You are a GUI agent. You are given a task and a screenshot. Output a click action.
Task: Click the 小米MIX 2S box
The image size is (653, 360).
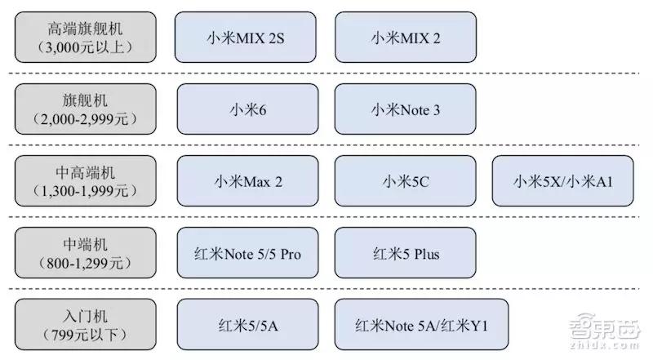[x=246, y=37]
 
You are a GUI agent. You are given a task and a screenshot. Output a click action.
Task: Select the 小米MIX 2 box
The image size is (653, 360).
[x=406, y=37]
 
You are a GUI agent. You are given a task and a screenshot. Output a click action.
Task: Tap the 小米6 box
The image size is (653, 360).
[x=248, y=109]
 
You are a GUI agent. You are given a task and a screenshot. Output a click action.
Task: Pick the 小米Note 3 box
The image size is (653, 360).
[x=405, y=109]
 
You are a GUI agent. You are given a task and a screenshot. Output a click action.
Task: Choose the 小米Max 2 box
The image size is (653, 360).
[x=248, y=181]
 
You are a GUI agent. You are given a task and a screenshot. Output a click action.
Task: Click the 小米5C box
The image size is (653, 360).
[x=405, y=181]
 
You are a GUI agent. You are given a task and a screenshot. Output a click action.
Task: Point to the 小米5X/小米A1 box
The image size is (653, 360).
[x=562, y=181]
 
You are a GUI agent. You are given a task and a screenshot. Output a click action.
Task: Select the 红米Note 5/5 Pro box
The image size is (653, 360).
[x=248, y=252]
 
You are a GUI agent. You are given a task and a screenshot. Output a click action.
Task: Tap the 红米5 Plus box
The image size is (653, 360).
[x=405, y=252]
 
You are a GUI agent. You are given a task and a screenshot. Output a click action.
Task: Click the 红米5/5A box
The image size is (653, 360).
[x=248, y=324]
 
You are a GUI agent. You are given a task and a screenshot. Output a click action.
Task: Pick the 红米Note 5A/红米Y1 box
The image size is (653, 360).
[x=421, y=324]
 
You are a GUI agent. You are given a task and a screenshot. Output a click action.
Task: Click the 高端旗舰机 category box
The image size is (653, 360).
[x=86, y=37]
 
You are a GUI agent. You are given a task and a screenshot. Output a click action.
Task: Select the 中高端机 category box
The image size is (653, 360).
[x=86, y=181]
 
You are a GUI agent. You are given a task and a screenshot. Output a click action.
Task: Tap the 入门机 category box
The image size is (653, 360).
[x=86, y=324]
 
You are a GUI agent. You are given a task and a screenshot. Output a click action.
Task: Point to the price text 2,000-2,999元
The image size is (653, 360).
[x=85, y=119]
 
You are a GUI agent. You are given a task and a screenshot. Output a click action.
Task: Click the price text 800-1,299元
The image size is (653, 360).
[x=85, y=264]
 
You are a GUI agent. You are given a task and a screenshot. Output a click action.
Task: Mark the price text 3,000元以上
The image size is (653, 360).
[x=85, y=47]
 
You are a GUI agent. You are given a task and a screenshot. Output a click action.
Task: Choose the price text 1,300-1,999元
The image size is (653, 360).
[x=85, y=191]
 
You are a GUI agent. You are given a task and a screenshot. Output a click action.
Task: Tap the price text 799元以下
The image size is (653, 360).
[x=85, y=335]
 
